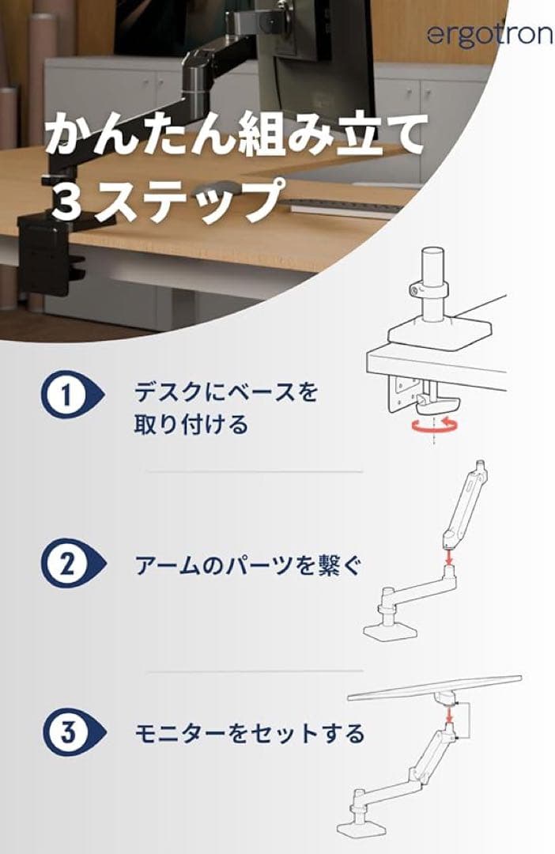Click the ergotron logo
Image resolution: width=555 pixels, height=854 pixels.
click(490, 35)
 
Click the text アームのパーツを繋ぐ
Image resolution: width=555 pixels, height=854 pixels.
click(247, 565)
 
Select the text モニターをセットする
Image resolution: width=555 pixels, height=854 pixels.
click(248, 733)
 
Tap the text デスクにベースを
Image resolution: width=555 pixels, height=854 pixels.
click(225, 391)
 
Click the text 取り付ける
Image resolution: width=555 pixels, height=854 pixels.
click(191, 425)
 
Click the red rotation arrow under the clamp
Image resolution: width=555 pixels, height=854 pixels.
click(434, 426)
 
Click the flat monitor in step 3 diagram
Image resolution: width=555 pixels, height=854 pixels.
click(435, 687)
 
